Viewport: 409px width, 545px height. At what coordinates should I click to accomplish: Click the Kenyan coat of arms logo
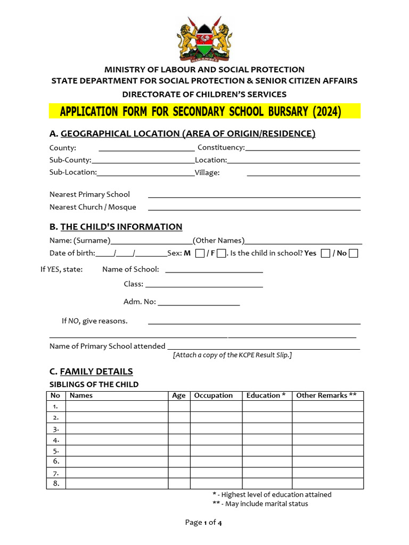204,38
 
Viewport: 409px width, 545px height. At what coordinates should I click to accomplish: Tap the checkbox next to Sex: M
200,253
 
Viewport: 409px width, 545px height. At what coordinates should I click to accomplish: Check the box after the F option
222,253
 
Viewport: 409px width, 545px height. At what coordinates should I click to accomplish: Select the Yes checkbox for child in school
326,253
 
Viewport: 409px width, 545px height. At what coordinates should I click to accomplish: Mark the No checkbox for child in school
353,253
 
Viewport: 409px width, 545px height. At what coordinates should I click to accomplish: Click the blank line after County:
146,148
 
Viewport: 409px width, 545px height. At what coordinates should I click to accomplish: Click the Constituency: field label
221,147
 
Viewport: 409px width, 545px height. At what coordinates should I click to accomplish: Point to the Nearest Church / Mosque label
93,207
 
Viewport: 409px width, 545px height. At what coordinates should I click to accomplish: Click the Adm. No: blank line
199,302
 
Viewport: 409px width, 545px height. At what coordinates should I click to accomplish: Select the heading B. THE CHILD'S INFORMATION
116,227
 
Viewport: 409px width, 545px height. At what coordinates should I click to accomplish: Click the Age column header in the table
179,395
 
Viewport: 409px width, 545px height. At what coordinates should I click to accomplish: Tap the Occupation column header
214,395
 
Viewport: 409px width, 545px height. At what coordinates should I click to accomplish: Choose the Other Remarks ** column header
326,395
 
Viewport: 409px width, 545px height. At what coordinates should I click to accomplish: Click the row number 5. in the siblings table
56,451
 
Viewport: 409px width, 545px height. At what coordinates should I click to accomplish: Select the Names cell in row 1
117,406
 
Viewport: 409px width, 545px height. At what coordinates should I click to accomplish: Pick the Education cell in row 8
267,483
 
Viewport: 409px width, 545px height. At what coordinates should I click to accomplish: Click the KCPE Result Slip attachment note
232,355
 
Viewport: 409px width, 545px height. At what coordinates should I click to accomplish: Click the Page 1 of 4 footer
203,523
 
